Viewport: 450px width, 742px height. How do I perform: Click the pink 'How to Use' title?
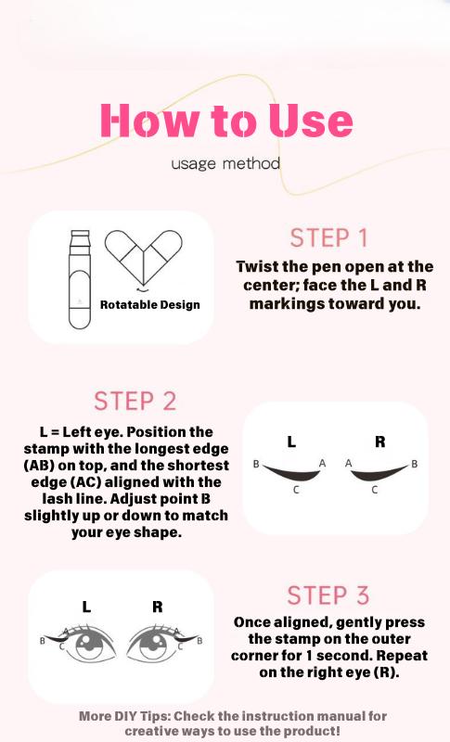(226, 121)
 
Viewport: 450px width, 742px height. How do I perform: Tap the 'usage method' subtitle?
(225, 164)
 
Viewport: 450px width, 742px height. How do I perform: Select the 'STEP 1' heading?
(328, 238)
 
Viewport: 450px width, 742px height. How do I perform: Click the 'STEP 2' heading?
(135, 402)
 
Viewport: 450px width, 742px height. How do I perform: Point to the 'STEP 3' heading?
(328, 595)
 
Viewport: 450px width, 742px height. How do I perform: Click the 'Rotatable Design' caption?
(150, 304)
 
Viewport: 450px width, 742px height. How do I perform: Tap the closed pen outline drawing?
(80, 279)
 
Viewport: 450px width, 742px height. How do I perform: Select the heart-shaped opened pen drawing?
(144, 259)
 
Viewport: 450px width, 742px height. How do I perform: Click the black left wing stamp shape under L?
(292, 473)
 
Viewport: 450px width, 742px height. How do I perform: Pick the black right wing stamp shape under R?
(380, 473)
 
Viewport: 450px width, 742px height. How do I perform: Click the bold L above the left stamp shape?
(291, 442)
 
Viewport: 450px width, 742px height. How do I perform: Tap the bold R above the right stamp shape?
(380, 442)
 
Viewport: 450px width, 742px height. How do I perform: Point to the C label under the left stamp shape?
(296, 490)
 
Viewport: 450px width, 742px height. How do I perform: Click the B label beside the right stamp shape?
(415, 464)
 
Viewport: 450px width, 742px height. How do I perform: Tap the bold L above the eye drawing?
(86, 607)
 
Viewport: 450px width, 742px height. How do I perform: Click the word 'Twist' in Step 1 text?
(258, 266)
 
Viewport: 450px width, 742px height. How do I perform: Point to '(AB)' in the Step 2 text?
(39, 466)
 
